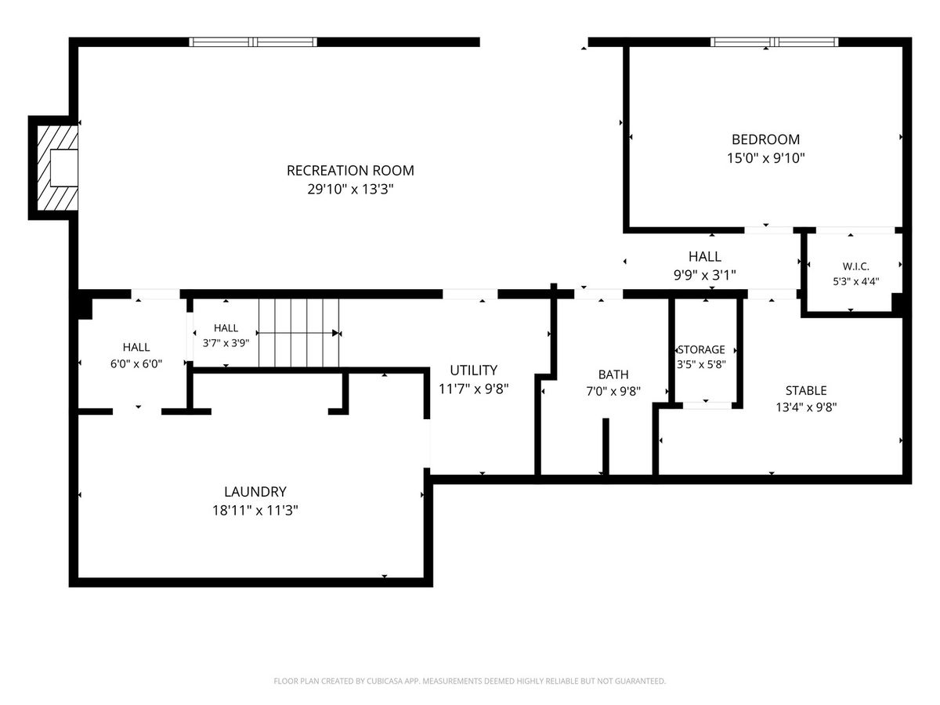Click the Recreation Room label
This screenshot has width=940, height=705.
350,170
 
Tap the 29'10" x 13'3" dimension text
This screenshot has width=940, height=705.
350,189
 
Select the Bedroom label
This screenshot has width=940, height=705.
765,139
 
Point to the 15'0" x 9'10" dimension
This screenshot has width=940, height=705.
765,158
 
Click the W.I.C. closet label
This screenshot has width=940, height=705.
855,266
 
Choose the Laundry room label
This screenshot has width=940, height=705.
255,491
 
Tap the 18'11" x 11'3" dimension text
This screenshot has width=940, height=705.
255,510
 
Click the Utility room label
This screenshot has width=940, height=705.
473,370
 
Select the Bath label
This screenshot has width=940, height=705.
613,374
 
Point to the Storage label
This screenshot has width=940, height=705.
701,349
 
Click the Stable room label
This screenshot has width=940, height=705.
806,390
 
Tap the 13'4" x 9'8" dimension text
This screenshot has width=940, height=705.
806,407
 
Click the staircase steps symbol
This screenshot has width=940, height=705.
298,333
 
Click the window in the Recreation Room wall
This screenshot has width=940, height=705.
253,42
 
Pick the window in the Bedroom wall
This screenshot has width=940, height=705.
774,42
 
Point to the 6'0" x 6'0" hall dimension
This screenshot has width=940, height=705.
136,363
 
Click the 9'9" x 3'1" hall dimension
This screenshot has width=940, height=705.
704,275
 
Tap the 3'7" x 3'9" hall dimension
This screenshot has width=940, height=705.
226,343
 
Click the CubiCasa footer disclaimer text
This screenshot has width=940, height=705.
469,681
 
